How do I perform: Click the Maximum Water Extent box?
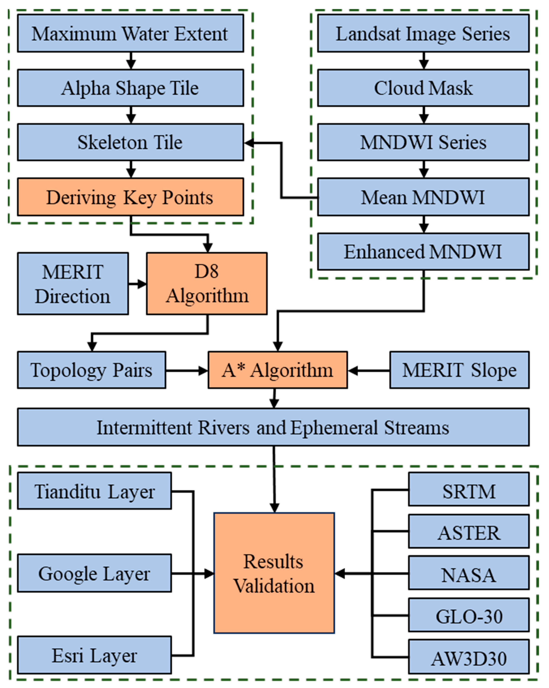point(130,34)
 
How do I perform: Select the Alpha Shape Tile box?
point(130,88)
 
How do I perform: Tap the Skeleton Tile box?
point(130,142)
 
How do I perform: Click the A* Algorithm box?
point(277,370)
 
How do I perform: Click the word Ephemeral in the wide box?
point(334,428)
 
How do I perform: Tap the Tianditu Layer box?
point(94,491)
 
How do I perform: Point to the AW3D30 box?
point(469,658)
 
